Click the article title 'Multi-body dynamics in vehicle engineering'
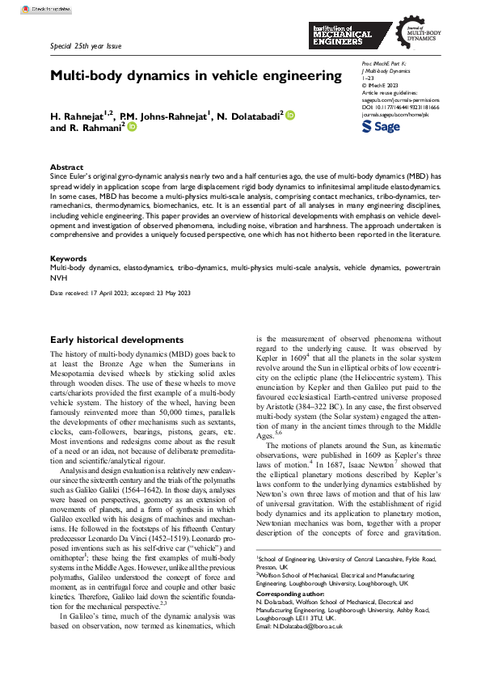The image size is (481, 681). tap(196, 76)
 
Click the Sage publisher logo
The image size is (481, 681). tap(379, 127)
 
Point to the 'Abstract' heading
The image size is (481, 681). tap(67, 167)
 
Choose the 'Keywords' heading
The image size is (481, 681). tap(69, 259)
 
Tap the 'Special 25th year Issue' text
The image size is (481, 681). tap(86, 46)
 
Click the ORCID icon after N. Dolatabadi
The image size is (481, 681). tap(290, 116)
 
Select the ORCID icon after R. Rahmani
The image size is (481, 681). tap(132, 127)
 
